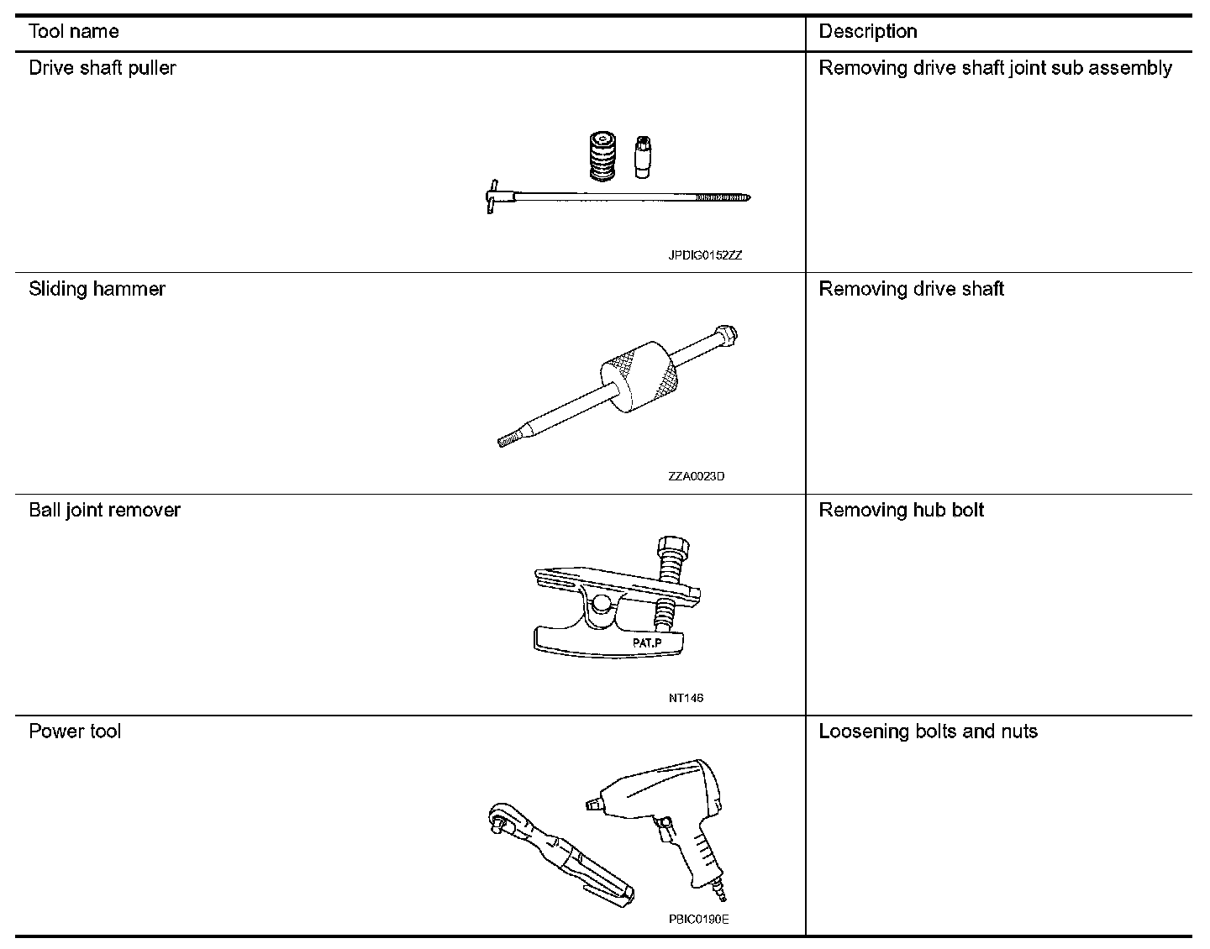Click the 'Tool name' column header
click(74, 32)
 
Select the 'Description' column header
click(868, 32)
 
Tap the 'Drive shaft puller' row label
click(103, 68)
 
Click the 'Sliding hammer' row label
click(97, 289)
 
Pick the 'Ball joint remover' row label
click(105, 510)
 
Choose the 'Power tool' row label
click(75, 731)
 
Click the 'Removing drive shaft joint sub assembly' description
click(995, 68)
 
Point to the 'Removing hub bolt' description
click(902, 510)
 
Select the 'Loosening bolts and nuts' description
click(928, 731)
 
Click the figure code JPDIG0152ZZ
click(705, 255)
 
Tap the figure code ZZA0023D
click(697, 476)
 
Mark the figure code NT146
click(687, 698)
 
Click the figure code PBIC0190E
click(699, 919)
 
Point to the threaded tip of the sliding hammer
click(507, 440)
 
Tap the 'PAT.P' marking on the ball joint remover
click(647, 642)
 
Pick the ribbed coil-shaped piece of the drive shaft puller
click(600, 155)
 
